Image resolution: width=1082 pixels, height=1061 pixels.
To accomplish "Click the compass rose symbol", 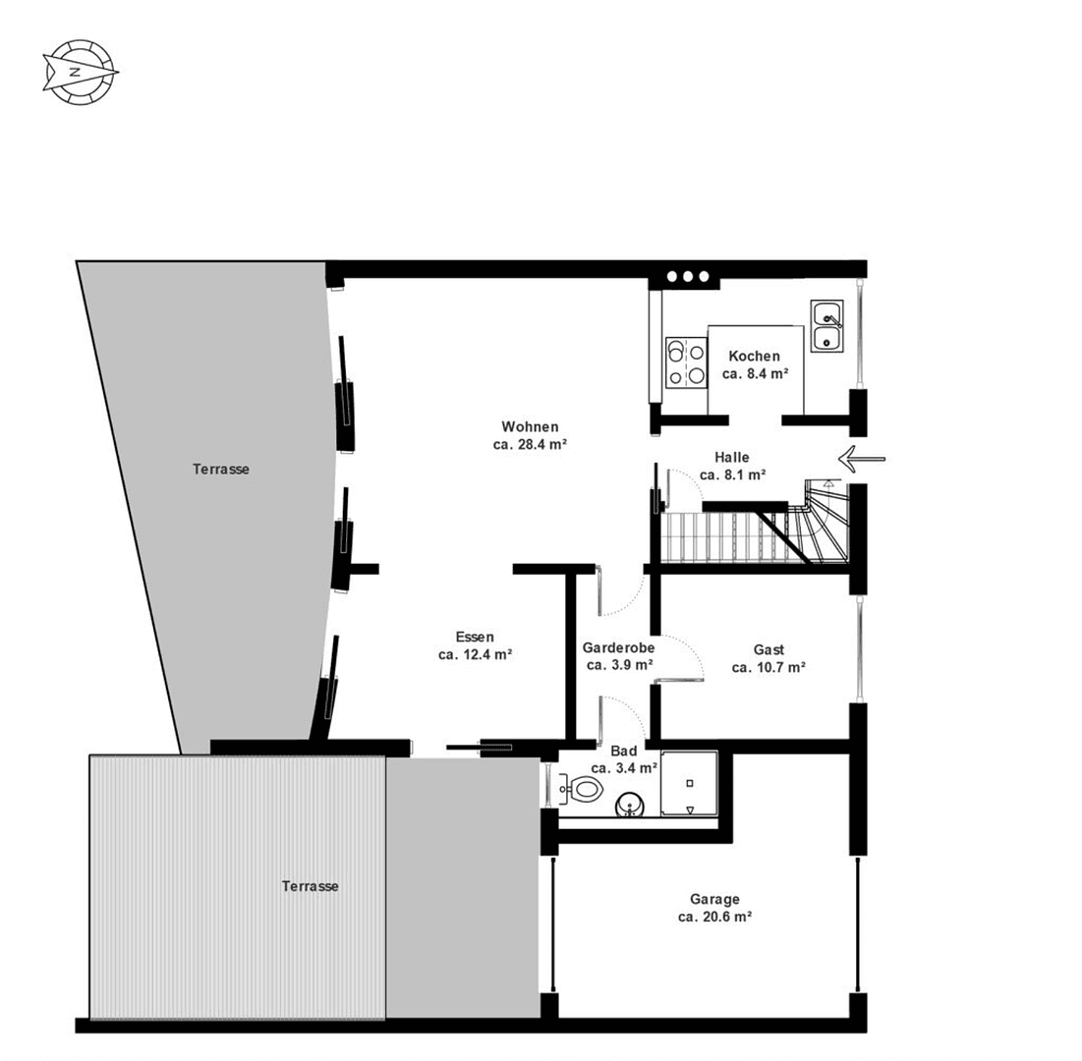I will (80, 72).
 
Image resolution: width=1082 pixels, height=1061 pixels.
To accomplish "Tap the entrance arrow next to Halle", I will (862, 458).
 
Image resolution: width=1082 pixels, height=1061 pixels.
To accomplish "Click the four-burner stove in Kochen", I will (686, 363).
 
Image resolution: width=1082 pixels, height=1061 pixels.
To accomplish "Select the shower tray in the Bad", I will (690, 783).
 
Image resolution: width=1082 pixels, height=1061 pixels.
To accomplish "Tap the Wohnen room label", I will (530, 426).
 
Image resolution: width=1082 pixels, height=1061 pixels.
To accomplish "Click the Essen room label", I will (475, 636).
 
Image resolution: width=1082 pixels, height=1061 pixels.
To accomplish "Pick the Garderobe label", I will (618, 648).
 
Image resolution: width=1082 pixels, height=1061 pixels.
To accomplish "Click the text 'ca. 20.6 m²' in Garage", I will (714, 916).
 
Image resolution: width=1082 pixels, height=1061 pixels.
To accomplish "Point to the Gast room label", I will (769, 649).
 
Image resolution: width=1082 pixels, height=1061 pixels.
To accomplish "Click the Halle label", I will (732, 457).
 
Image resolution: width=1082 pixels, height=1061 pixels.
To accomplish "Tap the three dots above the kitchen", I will (688, 277).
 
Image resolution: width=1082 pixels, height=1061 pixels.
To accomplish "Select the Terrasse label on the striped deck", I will (310, 886).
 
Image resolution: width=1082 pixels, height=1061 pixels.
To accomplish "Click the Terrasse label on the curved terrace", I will (220, 470).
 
